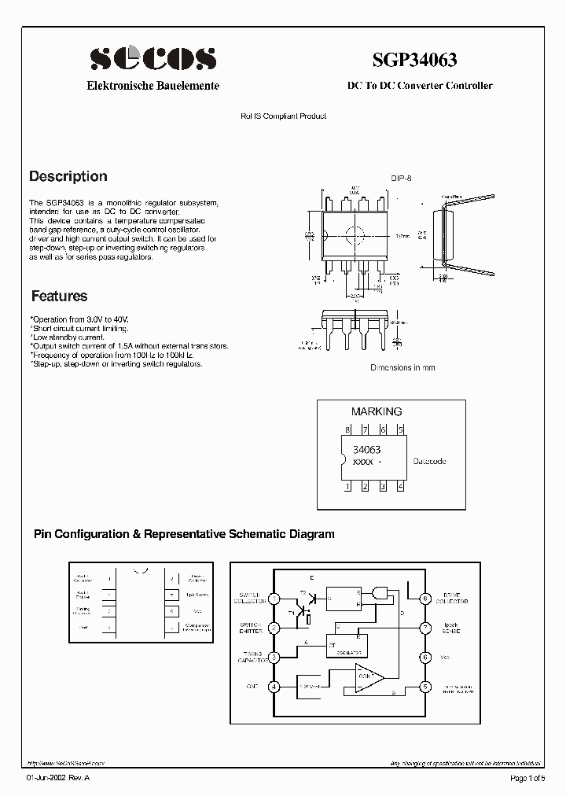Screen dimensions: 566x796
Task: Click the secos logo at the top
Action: click(153, 58)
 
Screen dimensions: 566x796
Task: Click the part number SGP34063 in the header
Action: click(414, 59)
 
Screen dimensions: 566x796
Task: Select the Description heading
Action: click(68, 176)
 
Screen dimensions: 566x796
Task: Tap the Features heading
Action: click(59, 297)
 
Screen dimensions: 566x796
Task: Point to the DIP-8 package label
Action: click(401, 178)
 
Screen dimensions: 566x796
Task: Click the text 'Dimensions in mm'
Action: click(402, 367)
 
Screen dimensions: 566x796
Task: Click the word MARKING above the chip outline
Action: click(376, 411)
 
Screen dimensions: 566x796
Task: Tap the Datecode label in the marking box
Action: click(430, 461)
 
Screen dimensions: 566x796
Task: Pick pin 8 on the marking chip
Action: click(347, 430)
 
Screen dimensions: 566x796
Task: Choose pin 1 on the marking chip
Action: click(347, 487)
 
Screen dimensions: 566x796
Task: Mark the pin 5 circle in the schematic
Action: click(424, 686)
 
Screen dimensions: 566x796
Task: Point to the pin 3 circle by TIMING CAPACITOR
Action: click(274, 658)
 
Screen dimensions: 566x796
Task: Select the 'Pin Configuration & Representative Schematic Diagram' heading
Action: click(184, 534)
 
